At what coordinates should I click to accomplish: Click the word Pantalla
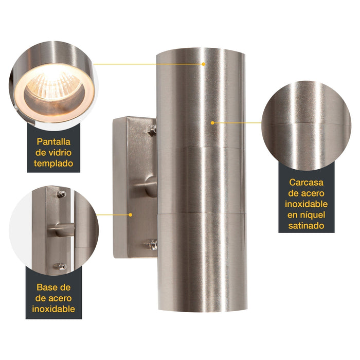coord(53,141)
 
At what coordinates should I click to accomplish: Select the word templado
coord(53,164)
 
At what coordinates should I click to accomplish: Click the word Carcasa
coord(307,182)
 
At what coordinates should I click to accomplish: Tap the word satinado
coord(307,226)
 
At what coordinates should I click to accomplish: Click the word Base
coord(47,287)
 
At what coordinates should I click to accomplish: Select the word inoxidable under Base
coord(53,309)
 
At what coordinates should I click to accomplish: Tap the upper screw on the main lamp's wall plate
coord(152,131)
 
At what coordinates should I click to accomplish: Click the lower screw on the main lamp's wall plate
coord(152,244)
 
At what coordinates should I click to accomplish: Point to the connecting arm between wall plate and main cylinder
coord(147,186)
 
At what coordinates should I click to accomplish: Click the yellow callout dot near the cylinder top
coord(204,64)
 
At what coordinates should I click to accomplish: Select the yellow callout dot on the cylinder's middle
coord(212,123)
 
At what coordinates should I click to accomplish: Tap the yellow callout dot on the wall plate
coord(131,215)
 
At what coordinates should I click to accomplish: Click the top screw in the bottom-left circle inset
coord(62,194)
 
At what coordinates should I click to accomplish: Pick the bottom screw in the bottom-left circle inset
coord(60,266)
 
